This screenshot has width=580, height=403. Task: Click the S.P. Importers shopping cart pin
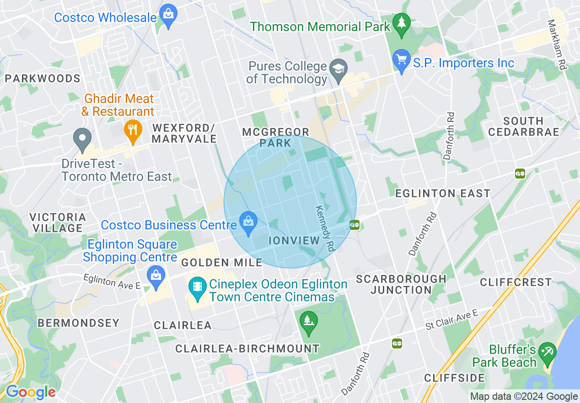pyautogui.click(x=402, y=60)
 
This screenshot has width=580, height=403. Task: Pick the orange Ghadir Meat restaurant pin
pyautogui.click(x=132, y=130)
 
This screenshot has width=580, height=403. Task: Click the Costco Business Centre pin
pyautogui.click(x=248, y=223)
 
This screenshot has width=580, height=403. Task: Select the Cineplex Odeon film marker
pyautogui.click(x=197, y=287)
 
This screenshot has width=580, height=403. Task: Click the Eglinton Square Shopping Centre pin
pyautogui.click(x=156, y=276)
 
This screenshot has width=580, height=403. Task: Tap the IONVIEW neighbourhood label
pyautogui.click(x=294, y=240)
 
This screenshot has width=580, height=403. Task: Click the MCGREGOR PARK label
pyautogui.click(x=275, y=137)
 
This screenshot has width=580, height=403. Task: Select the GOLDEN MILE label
pyautogui.click(x=222, y=262)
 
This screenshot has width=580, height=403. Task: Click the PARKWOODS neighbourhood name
pyautogui.click(x=43, y=78)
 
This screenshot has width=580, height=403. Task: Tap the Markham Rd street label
pyautogui.click(x=558, y=45)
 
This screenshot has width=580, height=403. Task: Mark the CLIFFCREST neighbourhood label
pyautogui.click(x=516, y=282)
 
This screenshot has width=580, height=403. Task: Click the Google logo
pyautogui.click(x=31, y=392)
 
